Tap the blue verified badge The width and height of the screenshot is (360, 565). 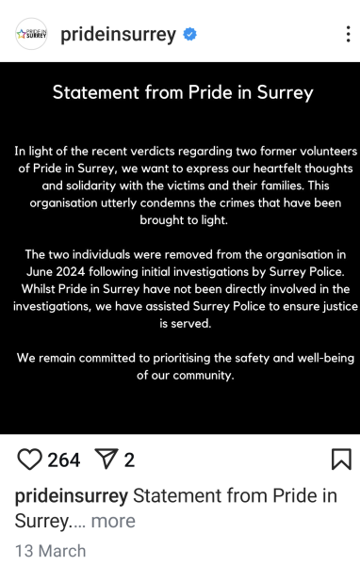(190, 34)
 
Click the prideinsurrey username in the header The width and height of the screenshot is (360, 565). (118, 34)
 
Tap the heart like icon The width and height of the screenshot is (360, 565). (30, 460)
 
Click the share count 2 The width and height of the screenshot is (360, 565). (129, 460)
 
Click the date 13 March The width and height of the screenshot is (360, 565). (51, 550)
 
